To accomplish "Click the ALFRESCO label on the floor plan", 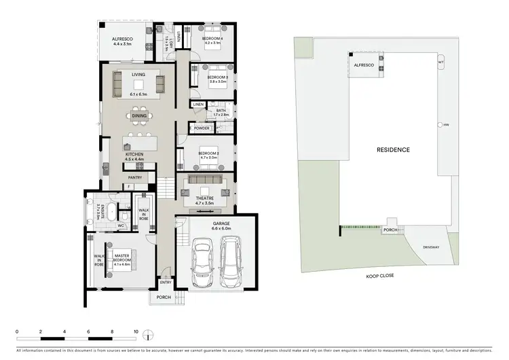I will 124,40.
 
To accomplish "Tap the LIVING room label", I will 138,74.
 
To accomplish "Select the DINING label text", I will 138,116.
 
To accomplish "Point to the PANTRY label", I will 134,178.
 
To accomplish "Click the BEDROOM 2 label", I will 208,154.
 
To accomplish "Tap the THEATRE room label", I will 204,198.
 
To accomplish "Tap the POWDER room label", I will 202,128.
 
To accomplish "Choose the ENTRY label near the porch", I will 166,282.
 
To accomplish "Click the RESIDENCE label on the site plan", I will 393,149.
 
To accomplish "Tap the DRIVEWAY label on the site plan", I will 432,247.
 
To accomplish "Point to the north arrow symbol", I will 151,334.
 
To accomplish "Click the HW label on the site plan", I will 447,125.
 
